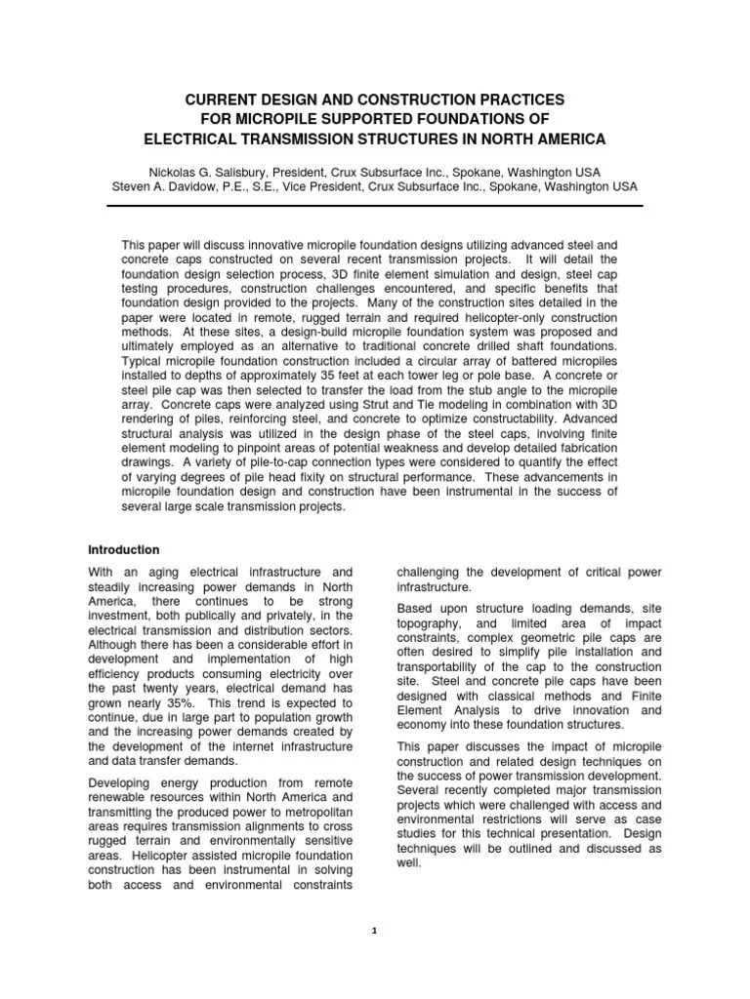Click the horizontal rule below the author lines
pyautogui.click(x=374, y=206)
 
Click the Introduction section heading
pyautogui.click(x=124, y=550)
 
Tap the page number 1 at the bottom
pyautogui.click(x=374, y=931)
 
